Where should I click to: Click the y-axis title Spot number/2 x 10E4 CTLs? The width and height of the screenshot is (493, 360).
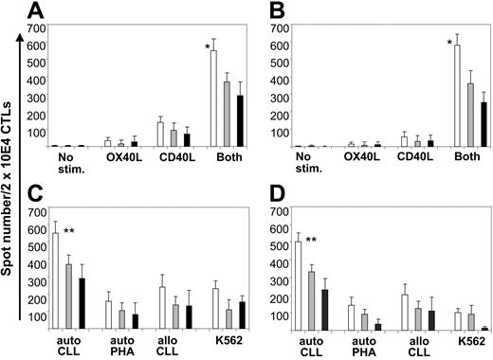click(9, 180)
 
